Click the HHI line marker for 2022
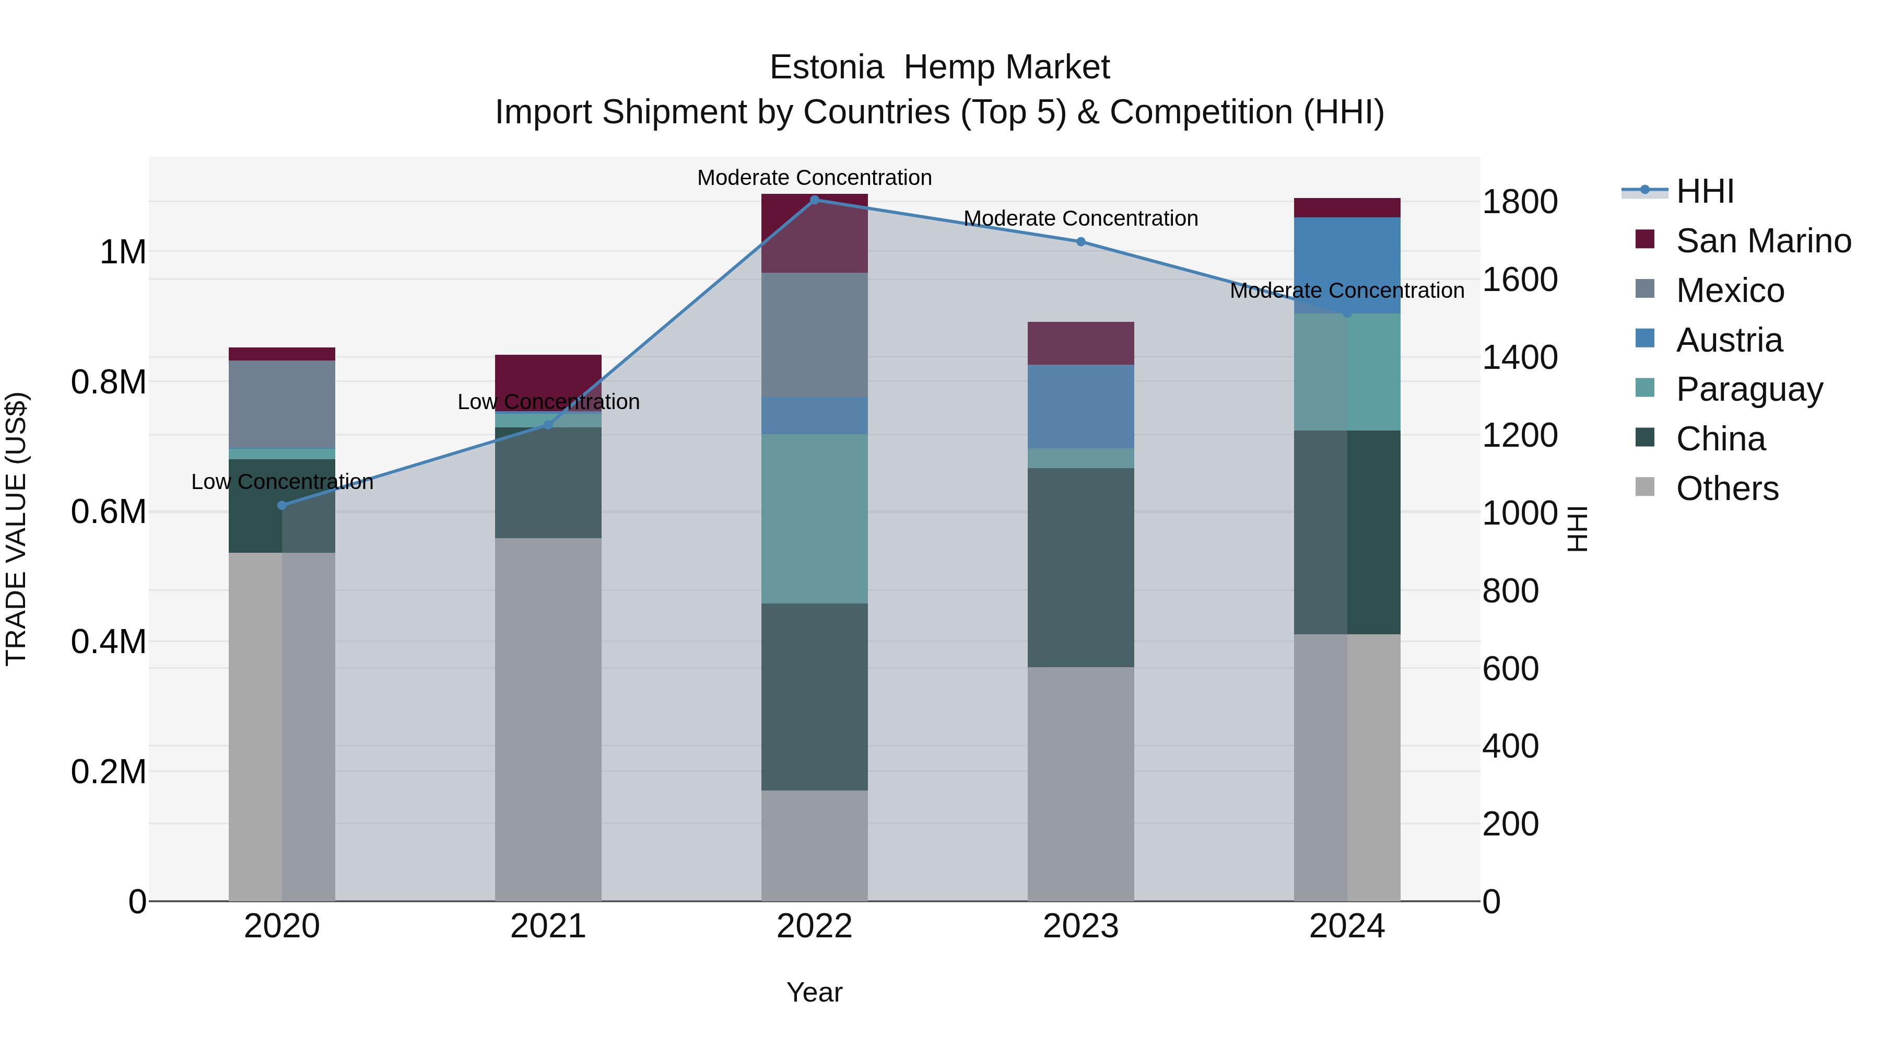tap(815, 200)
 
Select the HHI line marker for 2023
tap(1081, 242)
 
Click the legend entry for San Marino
tap(1762, 240)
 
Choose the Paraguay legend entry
tap(1748, 389)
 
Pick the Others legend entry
tap(1727, 489)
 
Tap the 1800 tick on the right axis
tap(1520, 202)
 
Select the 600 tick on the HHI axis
tap(1510, 669)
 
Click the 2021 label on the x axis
tap(548, 926)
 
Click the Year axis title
tap(815, 992)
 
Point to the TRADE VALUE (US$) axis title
tap(16, 529)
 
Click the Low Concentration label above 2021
tap(548, 402)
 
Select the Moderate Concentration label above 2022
tap(815, 178)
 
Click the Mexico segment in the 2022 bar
tap(815, 334)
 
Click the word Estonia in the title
tap(826, 67)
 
